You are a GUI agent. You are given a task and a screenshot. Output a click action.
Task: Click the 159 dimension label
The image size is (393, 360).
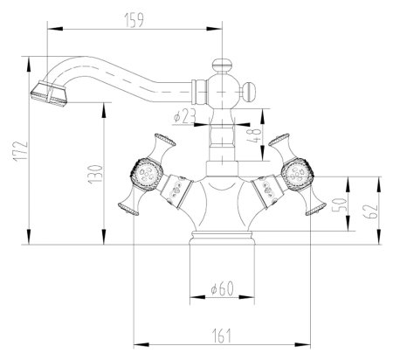[134, 21]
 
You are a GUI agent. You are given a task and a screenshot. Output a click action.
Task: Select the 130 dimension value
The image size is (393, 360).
[96, 174]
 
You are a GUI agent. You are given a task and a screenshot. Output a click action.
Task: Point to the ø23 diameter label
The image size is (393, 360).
[184, 116]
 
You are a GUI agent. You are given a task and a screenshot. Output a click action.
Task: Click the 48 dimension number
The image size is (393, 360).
[253, 135]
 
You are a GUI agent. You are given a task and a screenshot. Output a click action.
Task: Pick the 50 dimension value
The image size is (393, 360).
[340, 205]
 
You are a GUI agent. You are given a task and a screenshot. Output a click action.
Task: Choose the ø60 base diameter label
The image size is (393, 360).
[223, 288]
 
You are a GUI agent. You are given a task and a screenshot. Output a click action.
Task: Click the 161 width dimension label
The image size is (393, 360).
[222, 336]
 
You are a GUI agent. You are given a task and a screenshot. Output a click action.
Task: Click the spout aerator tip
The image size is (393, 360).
[49, 93]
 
